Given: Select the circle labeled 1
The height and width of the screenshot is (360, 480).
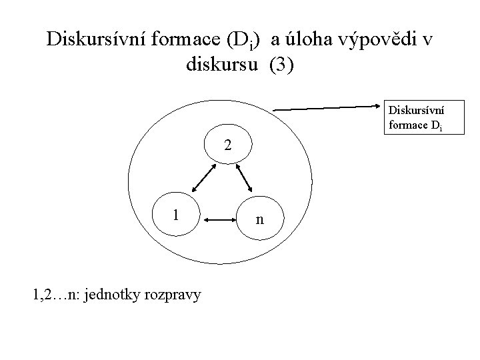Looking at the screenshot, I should click(x=175, y=215).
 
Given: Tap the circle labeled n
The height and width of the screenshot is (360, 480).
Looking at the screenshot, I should click(x=261, y=219).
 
